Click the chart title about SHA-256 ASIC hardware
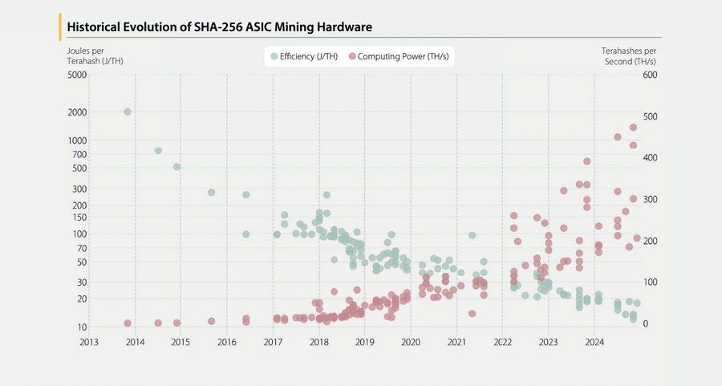click(219, 27)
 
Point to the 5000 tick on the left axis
click(77, 75)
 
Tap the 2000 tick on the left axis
click(77, 112)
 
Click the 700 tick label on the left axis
click(79, 154)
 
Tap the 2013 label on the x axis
click(89, 343)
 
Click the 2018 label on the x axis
click(319, 343)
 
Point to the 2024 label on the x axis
click(594, 343)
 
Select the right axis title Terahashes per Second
click(629, 56)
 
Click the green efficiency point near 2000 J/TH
click(128, 112)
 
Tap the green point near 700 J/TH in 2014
click(158, 151)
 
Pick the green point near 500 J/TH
click(176, 167)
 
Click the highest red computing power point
click(633, 127)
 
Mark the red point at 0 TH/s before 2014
click(128, 323)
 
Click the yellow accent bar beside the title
click(61, 26)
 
